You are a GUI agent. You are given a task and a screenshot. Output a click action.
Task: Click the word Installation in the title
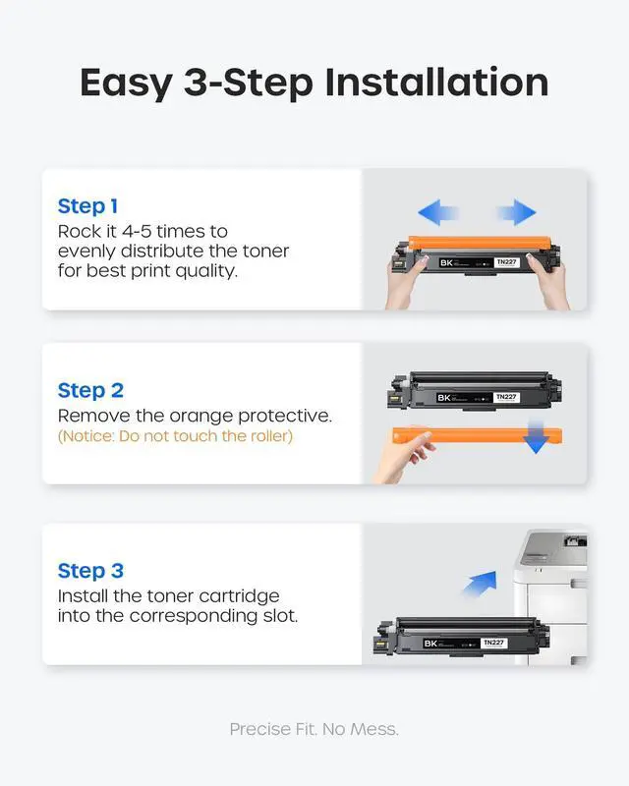pos(436,83)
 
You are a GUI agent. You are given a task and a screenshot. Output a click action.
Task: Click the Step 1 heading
pos(87,206)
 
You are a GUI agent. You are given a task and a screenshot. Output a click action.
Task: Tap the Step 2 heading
pos(90,390)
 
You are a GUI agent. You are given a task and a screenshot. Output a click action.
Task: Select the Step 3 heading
pos(90,571)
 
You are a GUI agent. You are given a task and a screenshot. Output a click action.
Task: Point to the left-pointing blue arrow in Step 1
pos(437,212)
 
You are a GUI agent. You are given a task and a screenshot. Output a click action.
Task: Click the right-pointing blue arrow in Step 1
pos(517,212)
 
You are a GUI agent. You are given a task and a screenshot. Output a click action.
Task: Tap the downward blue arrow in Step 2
pos(536,436)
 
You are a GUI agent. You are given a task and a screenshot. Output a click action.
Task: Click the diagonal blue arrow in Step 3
pos(481,584)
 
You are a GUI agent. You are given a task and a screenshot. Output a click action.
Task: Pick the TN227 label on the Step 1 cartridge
pos(506,262)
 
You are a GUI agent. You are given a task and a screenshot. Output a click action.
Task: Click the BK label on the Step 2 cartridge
pos(444,398)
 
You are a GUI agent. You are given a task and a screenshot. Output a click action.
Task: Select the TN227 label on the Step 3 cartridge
pos(493,643)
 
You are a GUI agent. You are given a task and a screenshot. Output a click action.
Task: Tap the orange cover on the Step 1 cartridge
pos(479,243)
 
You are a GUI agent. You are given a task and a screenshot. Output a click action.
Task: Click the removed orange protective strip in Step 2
pos(477,434)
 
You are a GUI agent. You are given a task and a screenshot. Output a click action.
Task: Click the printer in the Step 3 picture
pos(550,596)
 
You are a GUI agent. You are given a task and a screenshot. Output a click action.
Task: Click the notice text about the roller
pos(175,436)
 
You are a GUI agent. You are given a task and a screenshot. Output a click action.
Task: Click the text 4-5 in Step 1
pos(137,232)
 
